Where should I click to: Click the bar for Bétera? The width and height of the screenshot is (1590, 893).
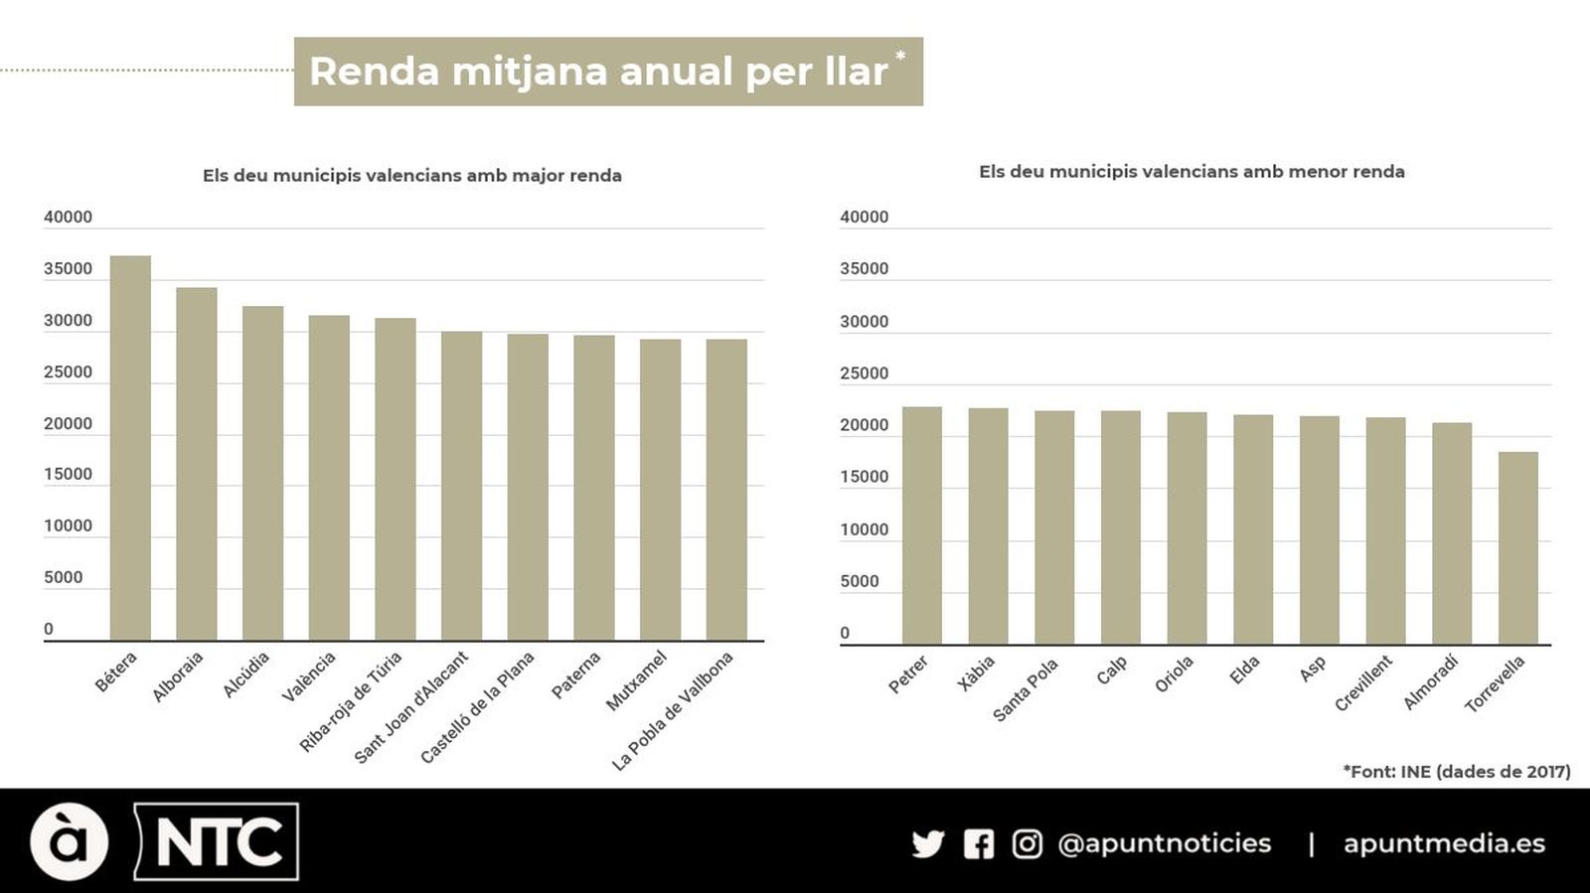coord(130,448)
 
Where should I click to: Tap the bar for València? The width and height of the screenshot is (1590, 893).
coord(329,478)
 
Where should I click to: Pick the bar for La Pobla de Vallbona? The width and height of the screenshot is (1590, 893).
coord(726,490)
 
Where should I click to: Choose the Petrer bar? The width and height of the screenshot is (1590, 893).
coord(921,525)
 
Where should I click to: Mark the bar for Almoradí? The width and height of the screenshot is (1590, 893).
coord(1451,533)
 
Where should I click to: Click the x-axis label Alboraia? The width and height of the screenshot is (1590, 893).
coord(178,676)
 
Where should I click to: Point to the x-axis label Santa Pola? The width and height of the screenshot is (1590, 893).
coord(1026,689)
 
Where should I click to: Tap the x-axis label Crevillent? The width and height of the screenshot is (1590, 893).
coord(1363,683)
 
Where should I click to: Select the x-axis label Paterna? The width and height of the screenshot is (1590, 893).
coord(576,675)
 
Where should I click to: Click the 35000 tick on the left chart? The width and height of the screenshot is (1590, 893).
coord(68,269)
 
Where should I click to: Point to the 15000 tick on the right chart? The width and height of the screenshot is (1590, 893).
coord(864,477)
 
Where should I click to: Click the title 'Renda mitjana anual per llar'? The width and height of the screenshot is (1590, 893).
coord(598,72)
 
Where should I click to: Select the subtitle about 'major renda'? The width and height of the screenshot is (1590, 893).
coord(412,176)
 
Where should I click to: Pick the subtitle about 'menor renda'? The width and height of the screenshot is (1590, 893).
coord(1192,172)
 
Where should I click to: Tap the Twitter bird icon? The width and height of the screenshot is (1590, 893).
coord(927,844)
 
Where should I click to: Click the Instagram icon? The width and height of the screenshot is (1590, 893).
coord(1027,844)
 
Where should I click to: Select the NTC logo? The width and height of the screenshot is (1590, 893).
coord(217,842)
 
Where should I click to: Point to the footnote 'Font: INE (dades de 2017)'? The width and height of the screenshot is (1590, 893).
coord(1456,772)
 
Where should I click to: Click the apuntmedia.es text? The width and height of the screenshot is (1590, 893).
coord(1444,844)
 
